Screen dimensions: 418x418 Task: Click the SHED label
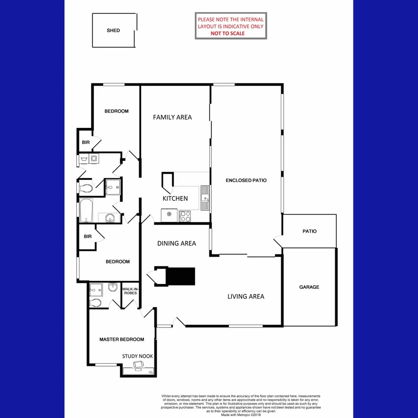click(x=113, y=30)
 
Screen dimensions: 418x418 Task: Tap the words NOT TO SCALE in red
click(x=228, y=33)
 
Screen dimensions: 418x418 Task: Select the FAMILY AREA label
click(x=172, y=117)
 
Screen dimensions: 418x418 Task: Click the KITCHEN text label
click(x=175, y=198)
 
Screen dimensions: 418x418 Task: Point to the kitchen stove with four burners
click(x=185, y=216)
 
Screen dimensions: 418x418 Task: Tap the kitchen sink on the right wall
click(x=205, y=198)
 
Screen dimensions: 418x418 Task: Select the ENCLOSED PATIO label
click(x=246, y=180)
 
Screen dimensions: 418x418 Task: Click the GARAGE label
click(x=309, y=287)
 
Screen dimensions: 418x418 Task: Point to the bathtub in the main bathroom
click(x=86, y=210)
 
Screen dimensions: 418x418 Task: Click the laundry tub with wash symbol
click(x=84, y=158)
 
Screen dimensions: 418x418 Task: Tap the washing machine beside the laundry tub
click(x=94, y=158)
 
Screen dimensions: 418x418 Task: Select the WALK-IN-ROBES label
click(x=130, y=291)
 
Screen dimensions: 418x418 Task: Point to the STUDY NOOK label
click(x=138, y=356)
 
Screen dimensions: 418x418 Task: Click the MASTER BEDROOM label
click(x=122, y=340)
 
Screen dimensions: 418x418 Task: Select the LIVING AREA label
click(x=245, y=296)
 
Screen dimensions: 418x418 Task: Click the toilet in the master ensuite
click(x=95, y=303)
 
